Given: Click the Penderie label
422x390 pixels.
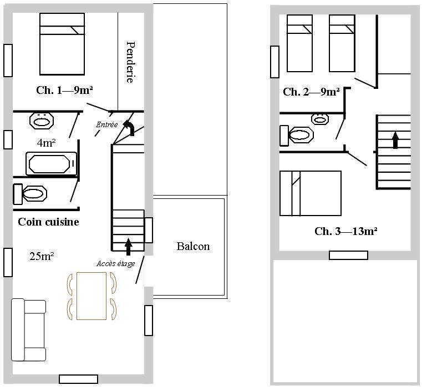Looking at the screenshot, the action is tap(130, 62).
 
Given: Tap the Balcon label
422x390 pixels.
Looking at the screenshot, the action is tap(193, 246).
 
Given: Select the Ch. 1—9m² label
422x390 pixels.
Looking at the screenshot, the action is tap(64, 90).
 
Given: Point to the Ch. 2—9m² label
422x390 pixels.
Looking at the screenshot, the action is tap(311, 92).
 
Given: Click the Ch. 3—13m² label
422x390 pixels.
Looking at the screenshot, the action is tap(346, 231).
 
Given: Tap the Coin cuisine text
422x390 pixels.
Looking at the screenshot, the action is tap(48, 222).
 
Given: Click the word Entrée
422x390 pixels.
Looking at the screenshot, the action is tap(107, 124).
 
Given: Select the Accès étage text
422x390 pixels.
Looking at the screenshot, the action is tap(116, 263).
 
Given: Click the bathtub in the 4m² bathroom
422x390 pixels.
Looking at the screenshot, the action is tap(51, 163).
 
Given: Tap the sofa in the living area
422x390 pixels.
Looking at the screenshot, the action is tap(28, 330).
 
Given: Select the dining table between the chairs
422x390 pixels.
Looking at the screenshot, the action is tap(91, 296).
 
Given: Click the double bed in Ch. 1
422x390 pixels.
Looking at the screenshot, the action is tap(62, 44).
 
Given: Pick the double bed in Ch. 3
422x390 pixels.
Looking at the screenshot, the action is tap(311, 193).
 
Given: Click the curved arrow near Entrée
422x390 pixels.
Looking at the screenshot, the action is tap(129, 127).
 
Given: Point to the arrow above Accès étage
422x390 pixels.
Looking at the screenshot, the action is tap(128, 247).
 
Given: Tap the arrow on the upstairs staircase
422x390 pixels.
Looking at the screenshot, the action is tap(395, 140).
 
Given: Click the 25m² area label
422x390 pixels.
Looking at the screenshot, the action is tap(42, 256).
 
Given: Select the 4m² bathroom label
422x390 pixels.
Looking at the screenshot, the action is tap(46, 143).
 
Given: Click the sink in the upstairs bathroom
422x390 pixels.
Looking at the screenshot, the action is tap(320, 119).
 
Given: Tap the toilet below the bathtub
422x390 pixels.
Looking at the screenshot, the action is tap(30, 194).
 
